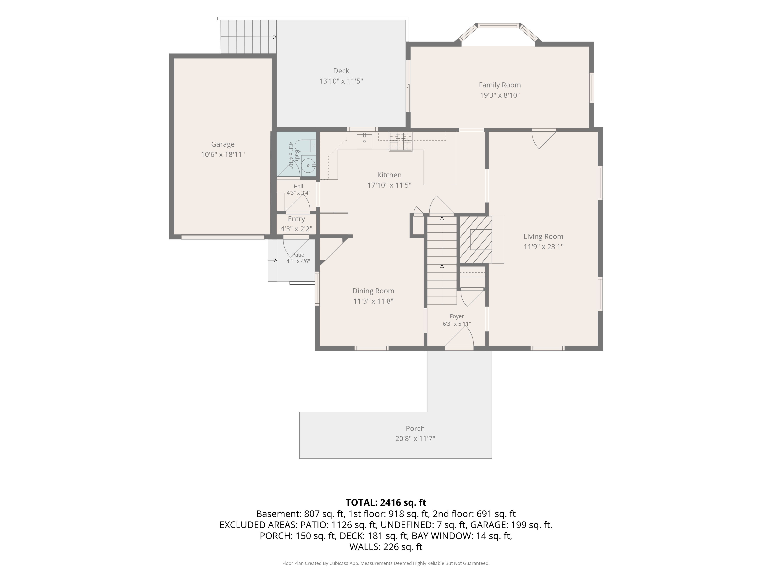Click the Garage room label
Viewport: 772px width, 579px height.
click(223, 144)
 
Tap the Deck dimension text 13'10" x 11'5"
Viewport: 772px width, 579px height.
click(341, 81)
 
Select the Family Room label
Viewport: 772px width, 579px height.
click(500, 85)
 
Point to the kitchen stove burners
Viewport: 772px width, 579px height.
click(401, 142)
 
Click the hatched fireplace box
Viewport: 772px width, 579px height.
click(476, 240)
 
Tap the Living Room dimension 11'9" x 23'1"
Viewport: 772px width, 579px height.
click(543, 246)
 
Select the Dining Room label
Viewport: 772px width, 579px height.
click(373, 291)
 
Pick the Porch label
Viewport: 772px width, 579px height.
click(415, 428)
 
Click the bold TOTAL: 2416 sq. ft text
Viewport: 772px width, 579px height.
click(386, 503)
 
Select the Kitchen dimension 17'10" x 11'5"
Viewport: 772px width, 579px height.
click(389, 185)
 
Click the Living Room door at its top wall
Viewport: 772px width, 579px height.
click(543, 139)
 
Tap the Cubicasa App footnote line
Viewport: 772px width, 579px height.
click(386, 563)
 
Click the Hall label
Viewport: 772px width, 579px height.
click(298, 186)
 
